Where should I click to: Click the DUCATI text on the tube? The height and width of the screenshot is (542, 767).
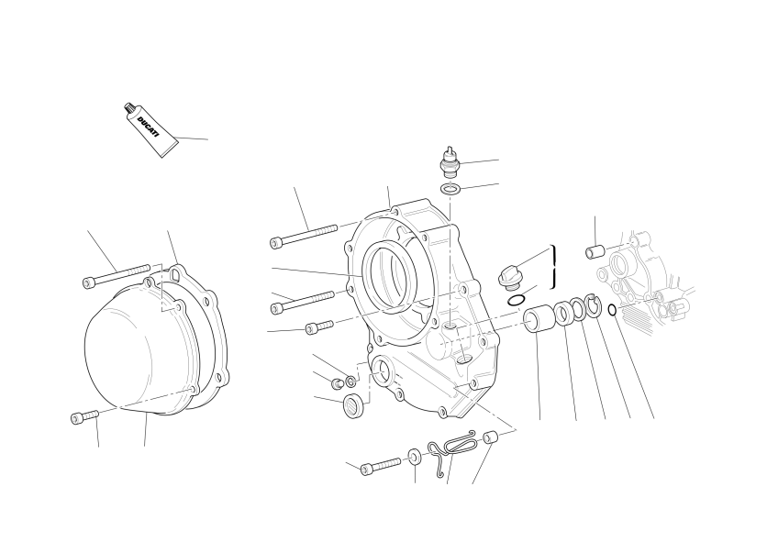pyautogui.click(x=149, y=127)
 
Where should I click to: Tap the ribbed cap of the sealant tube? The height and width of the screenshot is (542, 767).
pyautogui.click(x=129, y=108)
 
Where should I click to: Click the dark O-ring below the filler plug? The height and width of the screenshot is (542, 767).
pyautogui.click(x=517, y=301)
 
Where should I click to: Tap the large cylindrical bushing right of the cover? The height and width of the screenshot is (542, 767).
pyautogui.click(x=538, y=320)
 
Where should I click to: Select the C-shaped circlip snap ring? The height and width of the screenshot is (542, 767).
pyautogui.click(x=593, y=305)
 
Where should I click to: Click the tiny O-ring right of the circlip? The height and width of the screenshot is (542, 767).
pyautogui.click(x=612, y=310)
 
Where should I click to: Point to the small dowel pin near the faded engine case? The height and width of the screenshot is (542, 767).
pyautogui.click(x=595, y=252)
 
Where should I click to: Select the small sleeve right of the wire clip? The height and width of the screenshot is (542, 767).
pyautogui.click(x=490, y=437)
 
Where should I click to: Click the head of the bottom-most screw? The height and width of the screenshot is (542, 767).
pyautogui.click(x=367, y=470)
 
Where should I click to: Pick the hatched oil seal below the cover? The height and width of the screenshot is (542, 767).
pyautogui.click(x=353, y=405)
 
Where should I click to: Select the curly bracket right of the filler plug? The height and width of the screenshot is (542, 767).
pyautogui.click(x=554, y=267)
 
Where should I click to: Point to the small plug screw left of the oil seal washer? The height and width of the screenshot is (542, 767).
pyautogui.click(x=336, y=383)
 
